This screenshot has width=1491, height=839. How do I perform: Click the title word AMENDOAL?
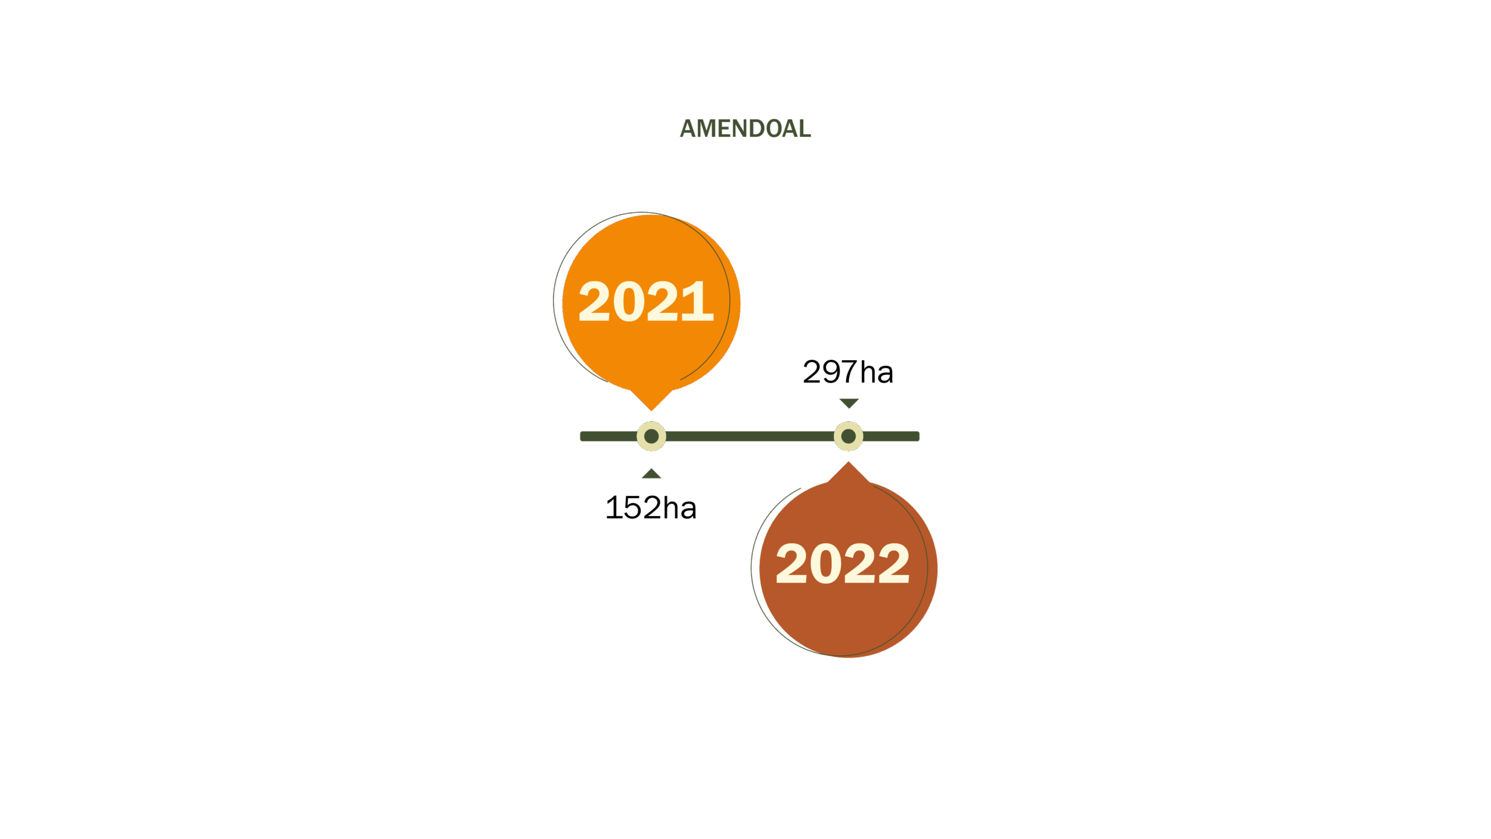point(745,129)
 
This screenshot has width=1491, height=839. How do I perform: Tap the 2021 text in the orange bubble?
point(646,301)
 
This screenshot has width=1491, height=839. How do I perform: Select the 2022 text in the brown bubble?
point(843,563)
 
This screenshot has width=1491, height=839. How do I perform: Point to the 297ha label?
point(848,372)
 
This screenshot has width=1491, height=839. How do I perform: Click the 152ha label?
point(651,507)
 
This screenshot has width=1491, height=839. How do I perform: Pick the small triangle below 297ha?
point(849,403)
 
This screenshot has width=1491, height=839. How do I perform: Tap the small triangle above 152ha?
point(651,474)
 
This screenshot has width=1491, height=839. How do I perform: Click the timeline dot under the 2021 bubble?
point(651,436)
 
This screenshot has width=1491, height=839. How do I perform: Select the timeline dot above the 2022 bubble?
point(849,436)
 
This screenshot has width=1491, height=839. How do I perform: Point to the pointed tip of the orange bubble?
point(651,411)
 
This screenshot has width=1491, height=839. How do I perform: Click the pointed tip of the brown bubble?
point(849,462)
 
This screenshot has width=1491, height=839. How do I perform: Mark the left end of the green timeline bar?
point(581,436)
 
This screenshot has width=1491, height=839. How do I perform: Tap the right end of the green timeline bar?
point(919,436)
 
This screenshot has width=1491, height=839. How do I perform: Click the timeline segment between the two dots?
point(750,436)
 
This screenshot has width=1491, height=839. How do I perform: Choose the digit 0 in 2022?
point(826,563)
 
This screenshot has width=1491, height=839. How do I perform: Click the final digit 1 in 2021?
point(698,301)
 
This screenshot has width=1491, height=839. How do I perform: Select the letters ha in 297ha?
point(877,372)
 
